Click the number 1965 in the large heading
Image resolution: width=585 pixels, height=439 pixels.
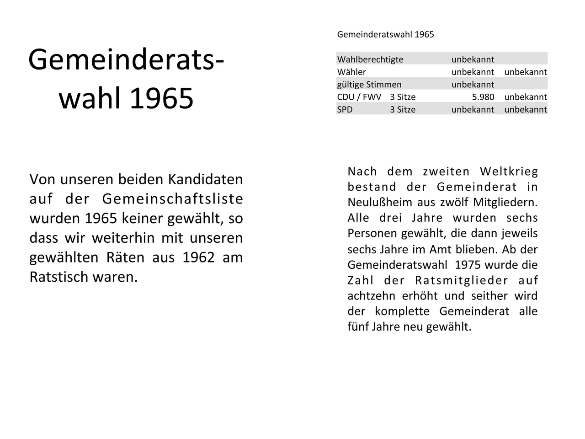[162, 98]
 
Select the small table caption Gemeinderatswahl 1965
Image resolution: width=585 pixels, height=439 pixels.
[385, 34]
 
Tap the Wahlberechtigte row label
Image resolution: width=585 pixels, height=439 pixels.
[370, 59]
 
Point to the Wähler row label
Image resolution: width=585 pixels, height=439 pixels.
[351, 72]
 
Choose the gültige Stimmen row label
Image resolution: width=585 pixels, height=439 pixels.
[369, 85]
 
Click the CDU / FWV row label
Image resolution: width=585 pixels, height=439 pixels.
[359, 97]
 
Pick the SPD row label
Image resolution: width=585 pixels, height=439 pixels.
[345, 109]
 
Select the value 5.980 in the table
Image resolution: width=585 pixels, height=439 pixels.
[483, 97]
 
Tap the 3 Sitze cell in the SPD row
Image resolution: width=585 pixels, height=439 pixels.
[403, 109]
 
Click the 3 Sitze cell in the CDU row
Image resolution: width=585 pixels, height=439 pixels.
[403, 97]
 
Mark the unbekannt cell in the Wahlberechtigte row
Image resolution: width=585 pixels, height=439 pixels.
[473, 59]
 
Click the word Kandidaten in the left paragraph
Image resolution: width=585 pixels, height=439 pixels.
[205, 179]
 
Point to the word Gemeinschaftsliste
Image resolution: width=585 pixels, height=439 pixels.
[172, 199]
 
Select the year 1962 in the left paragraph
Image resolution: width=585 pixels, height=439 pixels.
[198, 257]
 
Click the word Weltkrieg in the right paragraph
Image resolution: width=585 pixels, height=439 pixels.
[509, 171]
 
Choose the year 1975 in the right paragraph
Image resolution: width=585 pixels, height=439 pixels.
[468, 265]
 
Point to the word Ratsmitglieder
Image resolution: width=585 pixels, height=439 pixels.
[462, 280]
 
